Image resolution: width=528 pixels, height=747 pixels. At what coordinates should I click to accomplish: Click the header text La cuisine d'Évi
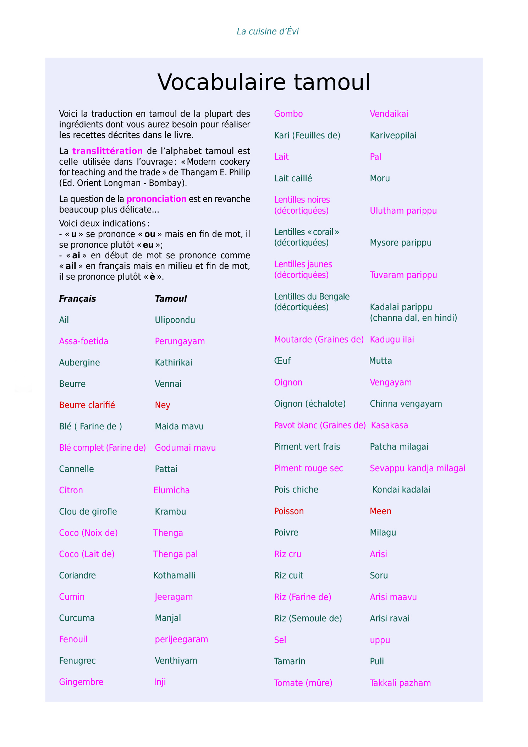pos(268,32)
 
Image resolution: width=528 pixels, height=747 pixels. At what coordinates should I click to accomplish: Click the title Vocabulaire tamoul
pos(264,82)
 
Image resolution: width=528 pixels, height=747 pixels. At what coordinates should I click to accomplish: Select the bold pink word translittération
pos(107,151)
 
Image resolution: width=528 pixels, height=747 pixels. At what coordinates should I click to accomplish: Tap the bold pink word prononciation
pos(156,199)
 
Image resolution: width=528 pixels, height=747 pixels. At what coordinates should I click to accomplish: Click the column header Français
pos(77,299)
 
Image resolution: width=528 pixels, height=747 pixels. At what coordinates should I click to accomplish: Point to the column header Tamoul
pos(171,299)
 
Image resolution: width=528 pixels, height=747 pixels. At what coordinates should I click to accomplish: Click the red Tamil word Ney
pos(163,405)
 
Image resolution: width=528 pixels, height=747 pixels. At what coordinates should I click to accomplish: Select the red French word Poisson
pos(289,511)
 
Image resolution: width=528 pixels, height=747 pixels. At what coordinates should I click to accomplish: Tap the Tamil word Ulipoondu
pos(175,320)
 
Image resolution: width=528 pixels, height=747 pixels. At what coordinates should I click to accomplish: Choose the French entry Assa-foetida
pos(84,341)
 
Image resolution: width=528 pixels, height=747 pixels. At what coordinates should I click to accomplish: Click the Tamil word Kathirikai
pos(174,363)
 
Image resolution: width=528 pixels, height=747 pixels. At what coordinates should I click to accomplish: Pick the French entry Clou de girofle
pos(88,512)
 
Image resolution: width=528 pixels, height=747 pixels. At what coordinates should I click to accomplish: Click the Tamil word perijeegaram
pos(181,639)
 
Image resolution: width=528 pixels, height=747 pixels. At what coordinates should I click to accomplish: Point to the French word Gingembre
pos(81,682)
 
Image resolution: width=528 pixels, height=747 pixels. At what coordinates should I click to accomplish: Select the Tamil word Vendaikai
pos(389,114)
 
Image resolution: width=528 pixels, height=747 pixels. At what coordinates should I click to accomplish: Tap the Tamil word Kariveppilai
pos(393,136)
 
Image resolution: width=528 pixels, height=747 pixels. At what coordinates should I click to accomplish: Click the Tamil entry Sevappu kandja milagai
pos(418,468)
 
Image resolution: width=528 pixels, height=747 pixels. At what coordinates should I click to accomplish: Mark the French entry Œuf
pos(282,361)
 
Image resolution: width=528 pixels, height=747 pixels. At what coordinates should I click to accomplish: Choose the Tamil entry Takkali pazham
pos(400,683)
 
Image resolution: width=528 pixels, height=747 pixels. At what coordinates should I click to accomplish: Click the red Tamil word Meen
pos(380,511)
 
